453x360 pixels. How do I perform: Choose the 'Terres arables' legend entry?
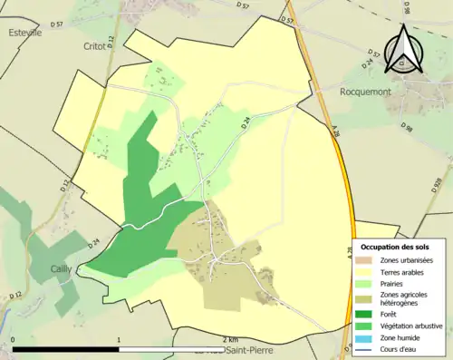400,271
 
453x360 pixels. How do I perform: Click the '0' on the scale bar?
13,340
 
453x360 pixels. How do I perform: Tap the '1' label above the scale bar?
120,340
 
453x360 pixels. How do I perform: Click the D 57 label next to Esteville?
58,24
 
